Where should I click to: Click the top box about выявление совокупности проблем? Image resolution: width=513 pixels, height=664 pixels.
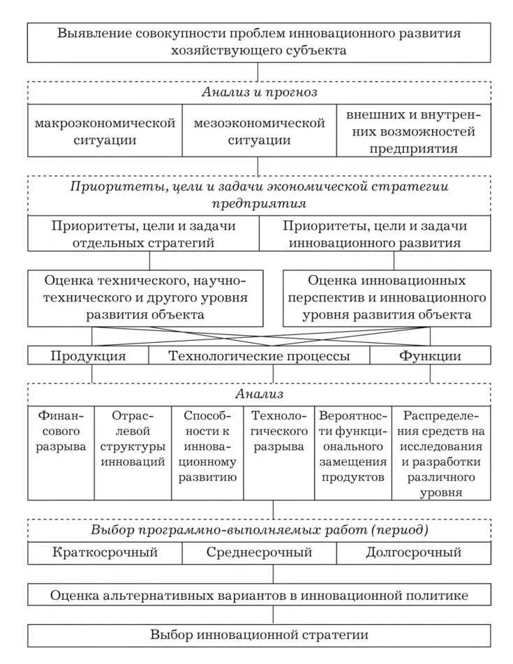point(259,42)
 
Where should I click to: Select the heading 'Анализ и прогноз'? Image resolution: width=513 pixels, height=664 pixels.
point(259,93)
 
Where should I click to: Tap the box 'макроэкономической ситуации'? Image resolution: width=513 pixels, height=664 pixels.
point(105,131)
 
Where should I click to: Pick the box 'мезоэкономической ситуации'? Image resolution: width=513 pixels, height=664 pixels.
point(259,131)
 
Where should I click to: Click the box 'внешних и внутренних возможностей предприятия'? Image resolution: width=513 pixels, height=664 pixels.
point(414,131)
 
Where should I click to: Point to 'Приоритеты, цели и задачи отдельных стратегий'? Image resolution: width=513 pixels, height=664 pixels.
point(143,234)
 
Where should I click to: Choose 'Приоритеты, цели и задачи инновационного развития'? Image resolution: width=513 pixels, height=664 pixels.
point(375,234)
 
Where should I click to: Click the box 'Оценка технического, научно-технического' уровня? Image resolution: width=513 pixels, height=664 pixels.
point(145,297)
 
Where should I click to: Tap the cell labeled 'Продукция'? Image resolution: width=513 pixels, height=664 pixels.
point(88,355)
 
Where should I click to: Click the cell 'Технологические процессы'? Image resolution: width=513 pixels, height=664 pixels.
point(259,355)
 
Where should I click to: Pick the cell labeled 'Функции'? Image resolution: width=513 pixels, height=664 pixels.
point(430,355)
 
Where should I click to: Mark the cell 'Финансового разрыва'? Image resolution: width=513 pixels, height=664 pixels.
point(61,430)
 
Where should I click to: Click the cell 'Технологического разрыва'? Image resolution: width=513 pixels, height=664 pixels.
point(279,430)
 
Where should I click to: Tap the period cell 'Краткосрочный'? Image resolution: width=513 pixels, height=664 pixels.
point(105,553)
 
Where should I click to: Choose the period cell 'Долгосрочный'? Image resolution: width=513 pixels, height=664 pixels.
point(414,553)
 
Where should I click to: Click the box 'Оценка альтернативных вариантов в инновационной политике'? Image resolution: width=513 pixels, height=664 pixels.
point(259,595)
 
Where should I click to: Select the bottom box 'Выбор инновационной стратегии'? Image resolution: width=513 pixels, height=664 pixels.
point(259,635)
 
